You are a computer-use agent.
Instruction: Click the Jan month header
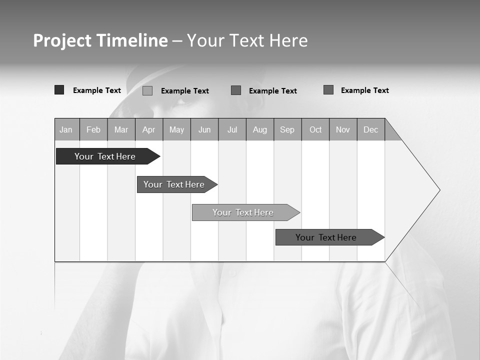(x=66, y=130)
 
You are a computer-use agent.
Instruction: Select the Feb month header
(x=93, y=130)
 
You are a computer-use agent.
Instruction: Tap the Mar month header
(x=121, y=130)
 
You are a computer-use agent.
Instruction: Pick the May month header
(x=176, y=130)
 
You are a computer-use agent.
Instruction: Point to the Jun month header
(x=204, y=130)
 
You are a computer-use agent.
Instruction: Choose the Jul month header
(x=232, y=130)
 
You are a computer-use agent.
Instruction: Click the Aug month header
(x=260, y=130)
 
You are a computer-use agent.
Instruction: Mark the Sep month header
(x=287, y=130)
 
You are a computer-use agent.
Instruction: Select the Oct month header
(x=315, y=130)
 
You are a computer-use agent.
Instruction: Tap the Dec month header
(x=371, y=130)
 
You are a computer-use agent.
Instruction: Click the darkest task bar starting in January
(x=105, y=156)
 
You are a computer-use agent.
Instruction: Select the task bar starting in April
(x=174, y=184)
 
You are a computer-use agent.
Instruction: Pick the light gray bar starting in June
(x=243, y=212)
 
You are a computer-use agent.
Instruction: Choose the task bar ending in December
(x=326, y=237)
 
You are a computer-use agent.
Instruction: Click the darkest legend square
(x=59, y=90)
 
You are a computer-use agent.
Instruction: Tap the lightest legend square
(x=147, y=90)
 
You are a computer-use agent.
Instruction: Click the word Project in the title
(x=62, y=40)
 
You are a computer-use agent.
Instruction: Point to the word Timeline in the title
(x=132, y=40)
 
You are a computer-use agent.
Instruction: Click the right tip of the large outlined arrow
(x=438, y=190)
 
